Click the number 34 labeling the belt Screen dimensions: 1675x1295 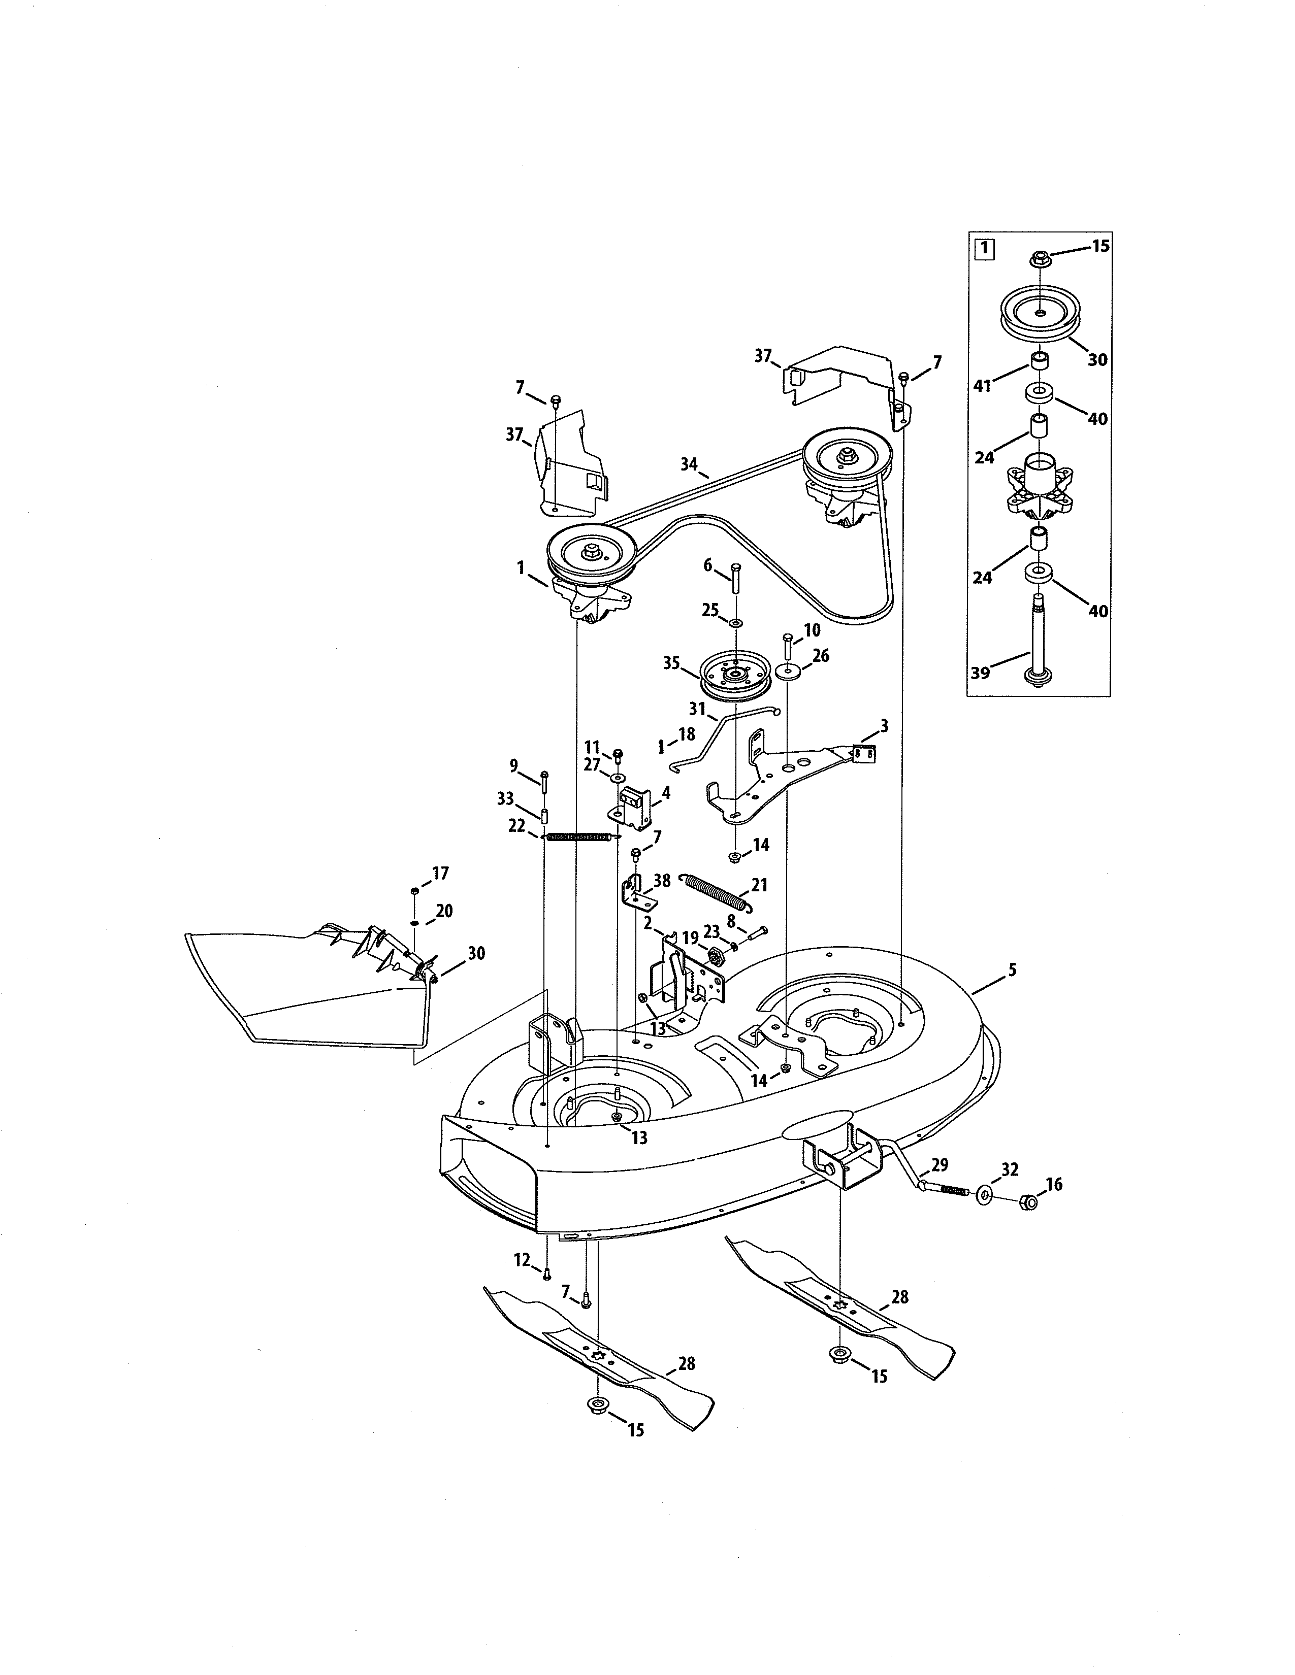(x=689, y=463)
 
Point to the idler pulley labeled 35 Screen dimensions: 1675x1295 (x=735, y=675)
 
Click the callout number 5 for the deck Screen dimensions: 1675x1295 (x=1012, y=970)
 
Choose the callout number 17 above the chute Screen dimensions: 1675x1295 (x=440, y=873)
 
